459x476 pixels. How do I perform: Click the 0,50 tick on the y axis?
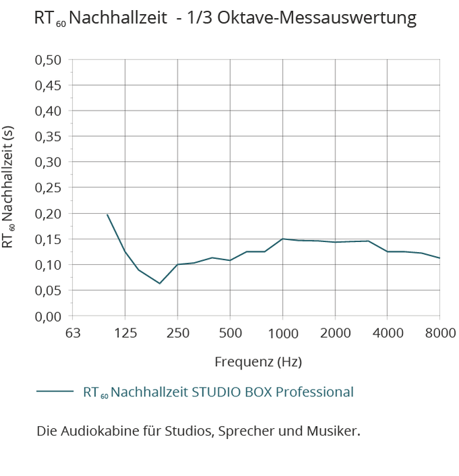(48, 60)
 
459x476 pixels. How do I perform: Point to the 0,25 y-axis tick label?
(48, 187)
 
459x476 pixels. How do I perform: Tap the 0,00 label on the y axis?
(48, 316)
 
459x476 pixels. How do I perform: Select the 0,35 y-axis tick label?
(48, 137)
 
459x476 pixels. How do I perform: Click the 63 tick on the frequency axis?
(72, 333)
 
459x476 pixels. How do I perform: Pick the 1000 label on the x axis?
(283, 333)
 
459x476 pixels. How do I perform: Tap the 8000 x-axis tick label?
(440, 333)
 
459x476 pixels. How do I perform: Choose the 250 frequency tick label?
(178, 333)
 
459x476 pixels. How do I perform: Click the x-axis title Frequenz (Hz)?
(258, 362)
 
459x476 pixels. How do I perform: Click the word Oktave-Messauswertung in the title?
(330, 18)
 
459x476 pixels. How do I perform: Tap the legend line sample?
(56, 392)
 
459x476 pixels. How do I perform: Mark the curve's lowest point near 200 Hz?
(159, 283)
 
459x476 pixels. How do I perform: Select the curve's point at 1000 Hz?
(283, 239)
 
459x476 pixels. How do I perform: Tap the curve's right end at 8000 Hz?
(439, 258)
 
